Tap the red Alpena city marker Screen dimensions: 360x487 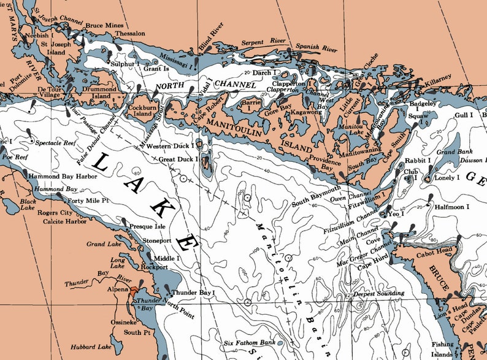point(134,294)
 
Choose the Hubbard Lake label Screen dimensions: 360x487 point(91,347)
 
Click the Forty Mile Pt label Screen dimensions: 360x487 point(90,200)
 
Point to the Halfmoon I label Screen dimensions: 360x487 point(452,207)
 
